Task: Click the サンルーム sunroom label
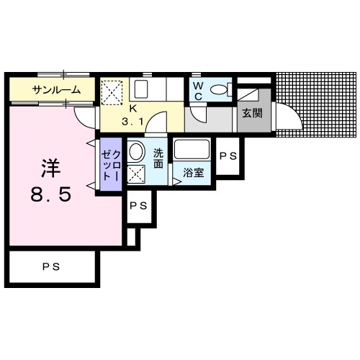coord(56,90)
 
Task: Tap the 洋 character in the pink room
coord(50,168)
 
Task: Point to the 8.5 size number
coord(51,194)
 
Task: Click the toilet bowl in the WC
coord(218,90)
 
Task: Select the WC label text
coord(198,91)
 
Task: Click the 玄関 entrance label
coord(252,113)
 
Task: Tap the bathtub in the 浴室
coord(192,149)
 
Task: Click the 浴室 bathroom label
coord(194,173)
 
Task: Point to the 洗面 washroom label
coord(158,158)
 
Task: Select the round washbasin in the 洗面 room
coord(136,152)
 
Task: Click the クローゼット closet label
coord(111,166)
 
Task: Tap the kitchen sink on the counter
coord(141,89)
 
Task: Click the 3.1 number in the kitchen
coord(132,122)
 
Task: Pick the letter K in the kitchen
coord(132,109)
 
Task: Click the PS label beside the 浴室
coord(228,156)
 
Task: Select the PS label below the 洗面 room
coord(138,206)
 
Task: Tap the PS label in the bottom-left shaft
coord(51,267)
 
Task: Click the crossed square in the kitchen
coord(112,93)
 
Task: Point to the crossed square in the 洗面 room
coord(136,174)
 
